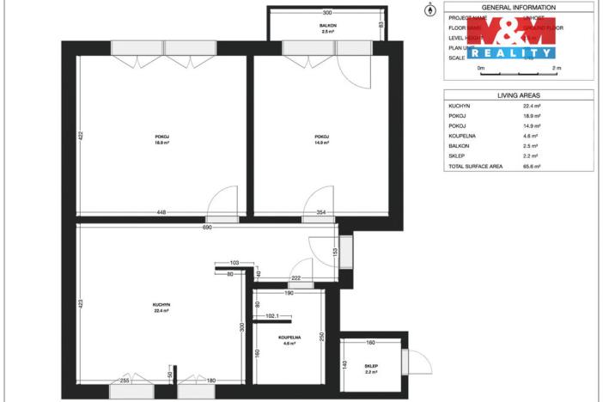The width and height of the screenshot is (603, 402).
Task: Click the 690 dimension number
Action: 207,228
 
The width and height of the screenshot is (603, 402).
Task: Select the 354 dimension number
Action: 321,211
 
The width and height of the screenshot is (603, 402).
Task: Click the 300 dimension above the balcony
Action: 327,13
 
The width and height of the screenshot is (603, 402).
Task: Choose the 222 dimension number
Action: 295,278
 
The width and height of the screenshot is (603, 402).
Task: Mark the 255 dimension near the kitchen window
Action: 125,380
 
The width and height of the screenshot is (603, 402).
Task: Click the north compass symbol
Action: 429,10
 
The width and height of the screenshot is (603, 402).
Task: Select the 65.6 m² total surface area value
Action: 532,166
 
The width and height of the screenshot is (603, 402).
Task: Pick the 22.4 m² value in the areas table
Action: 532,106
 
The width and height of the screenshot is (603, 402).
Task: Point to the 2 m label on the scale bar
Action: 556,68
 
